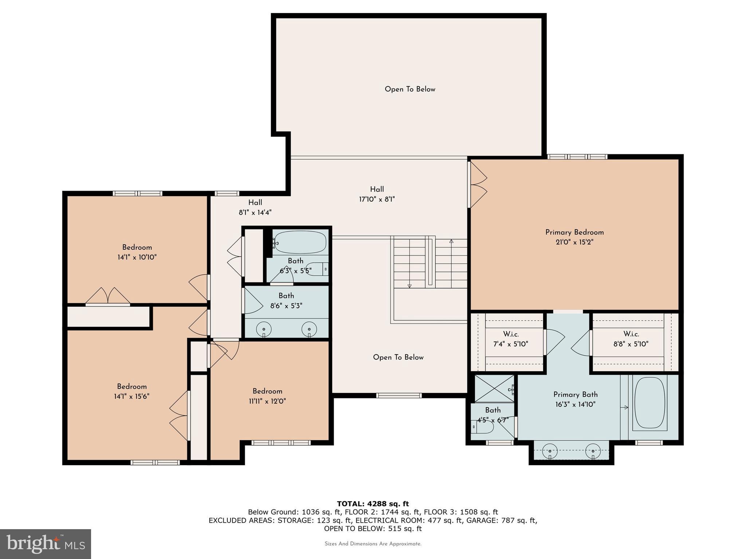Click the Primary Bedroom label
coord(574,232)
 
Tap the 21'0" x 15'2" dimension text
coord(574,242)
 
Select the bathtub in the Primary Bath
coord(649,403)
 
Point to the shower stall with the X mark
coord(494,388)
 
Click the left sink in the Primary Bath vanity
coord(550,452)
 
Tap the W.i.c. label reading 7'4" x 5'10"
coord(511,339)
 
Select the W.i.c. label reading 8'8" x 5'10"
coord(631,339)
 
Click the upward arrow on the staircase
coord(451,242)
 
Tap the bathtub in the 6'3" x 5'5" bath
coord(300,242)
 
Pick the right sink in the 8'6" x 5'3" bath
coord(309,329)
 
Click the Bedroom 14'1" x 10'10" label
coord(137,252)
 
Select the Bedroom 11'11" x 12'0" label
coord(267,396)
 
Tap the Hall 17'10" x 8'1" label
coord(377,194)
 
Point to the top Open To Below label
coord(410,89)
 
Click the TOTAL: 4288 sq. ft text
coord(373,504)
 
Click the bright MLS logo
coord(46,544)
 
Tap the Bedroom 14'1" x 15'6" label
coord(131,391)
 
